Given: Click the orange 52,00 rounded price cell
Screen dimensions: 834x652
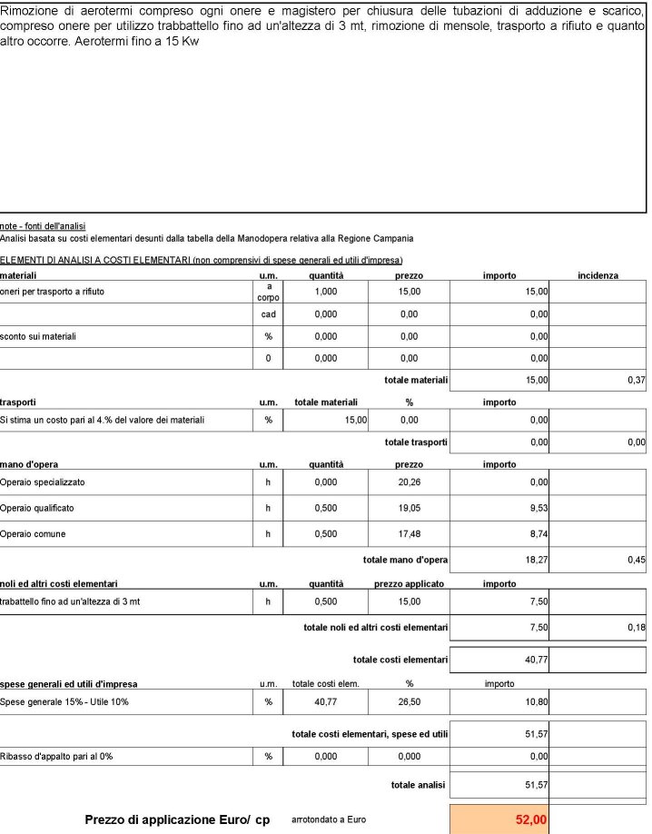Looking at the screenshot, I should tap(499, 819).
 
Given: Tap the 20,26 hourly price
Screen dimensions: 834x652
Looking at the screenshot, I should tap(409, 482).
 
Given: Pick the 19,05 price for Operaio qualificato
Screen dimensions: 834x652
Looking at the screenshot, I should tap(409, 508).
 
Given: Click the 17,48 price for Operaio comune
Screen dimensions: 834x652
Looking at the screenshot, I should tap(409, 534).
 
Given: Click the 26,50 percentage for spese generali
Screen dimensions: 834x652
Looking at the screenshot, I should tap(409, 701).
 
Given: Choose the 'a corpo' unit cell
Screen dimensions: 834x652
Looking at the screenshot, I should tap(268, 292).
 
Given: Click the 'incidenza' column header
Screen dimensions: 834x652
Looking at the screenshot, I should tap(598, 274).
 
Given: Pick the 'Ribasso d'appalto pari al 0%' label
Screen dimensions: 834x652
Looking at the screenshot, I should tap(56, 756).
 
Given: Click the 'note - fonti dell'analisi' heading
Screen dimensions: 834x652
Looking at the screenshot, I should tap(43, 225).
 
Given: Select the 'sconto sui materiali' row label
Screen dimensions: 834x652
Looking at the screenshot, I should tap(38, 336).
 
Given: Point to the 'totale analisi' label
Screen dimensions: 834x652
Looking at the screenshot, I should tap(419, 784).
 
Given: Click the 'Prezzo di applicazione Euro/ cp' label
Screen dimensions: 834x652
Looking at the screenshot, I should tap(177, 819).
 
